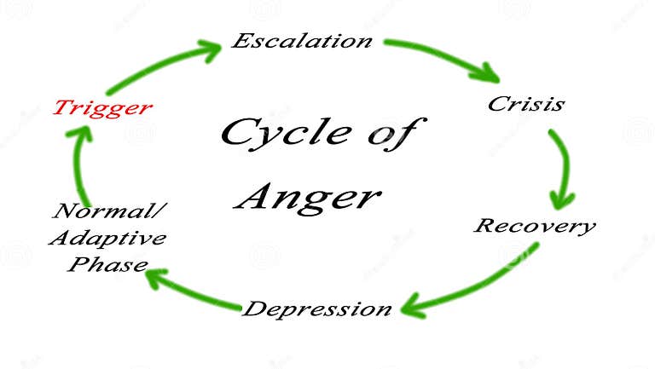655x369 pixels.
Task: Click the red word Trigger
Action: coord(103,107)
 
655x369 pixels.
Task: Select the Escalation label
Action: coord(302,41)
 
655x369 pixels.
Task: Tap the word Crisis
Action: coord(525,104)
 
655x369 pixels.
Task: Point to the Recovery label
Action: coord(534,226)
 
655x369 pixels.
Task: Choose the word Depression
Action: coord(317,308)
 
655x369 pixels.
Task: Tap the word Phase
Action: coord(107,263)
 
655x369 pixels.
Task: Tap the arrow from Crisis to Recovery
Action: coord(563,166)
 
